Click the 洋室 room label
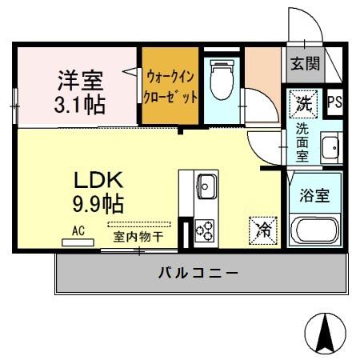tap(78, 80)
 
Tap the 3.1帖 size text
tap(78, 103)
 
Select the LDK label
tap(98, 178)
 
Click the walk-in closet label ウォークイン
tap(170, 78)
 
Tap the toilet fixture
tap(221, 82)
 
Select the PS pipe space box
tap(335, 102)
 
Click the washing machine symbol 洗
tap(305, 102)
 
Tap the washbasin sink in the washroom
tap(330, 148)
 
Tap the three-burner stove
tap(205, 230)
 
